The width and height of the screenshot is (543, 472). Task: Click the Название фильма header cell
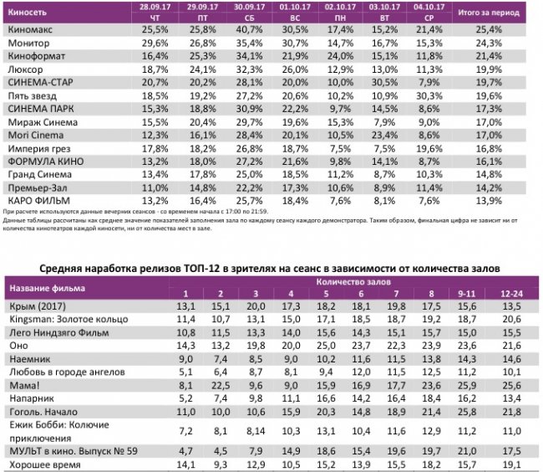coord(46,289)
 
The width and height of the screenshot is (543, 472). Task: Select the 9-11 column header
coord(469,295)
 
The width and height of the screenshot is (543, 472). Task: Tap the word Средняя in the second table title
coord(65,268)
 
